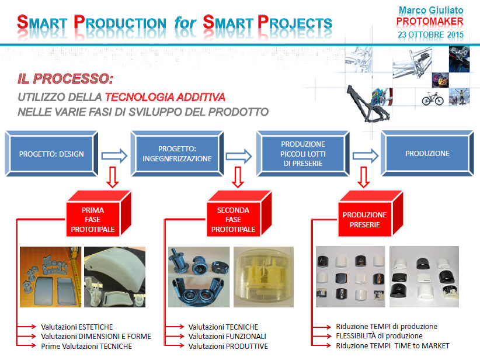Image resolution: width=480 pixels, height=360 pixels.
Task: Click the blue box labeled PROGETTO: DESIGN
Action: coord(51,154)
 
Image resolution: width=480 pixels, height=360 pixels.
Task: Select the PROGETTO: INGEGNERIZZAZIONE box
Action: coord(177,154)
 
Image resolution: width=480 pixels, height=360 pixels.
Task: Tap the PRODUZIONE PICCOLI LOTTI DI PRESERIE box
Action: coord(302,154)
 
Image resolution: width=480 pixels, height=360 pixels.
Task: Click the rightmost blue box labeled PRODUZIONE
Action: coord(427,154)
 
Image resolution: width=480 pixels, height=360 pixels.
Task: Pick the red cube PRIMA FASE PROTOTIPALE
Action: coord(99,214)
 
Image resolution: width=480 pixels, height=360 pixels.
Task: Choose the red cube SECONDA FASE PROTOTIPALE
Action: coord(239,214)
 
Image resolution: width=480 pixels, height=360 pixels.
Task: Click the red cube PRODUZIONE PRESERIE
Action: coord(370,214)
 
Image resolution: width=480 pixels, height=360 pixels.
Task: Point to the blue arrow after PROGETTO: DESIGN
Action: coord(114,155)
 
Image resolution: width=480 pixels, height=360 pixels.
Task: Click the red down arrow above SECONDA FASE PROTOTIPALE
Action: coord(238,177)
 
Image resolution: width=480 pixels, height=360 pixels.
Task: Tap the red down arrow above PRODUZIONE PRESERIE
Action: coord(364,177)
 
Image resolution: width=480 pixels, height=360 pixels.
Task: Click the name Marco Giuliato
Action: coord(431,10)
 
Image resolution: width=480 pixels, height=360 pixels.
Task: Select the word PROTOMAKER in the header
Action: coord(430,22)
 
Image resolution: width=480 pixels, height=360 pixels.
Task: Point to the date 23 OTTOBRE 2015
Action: coord(430,34)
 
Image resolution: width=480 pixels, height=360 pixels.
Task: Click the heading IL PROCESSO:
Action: coord(65,79)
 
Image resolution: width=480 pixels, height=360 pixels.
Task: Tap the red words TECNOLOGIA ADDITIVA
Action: coord(165,97)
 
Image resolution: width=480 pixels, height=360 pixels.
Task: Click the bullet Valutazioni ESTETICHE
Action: coord(77,327)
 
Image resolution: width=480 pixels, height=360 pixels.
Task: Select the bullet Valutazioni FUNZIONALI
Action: coord(227,337)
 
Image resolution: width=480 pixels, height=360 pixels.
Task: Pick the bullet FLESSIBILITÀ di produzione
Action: coord(380,336)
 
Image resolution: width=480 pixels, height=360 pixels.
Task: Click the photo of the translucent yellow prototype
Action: coord(263,277)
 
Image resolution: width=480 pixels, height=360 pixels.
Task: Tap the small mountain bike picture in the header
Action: coord(433,98)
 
